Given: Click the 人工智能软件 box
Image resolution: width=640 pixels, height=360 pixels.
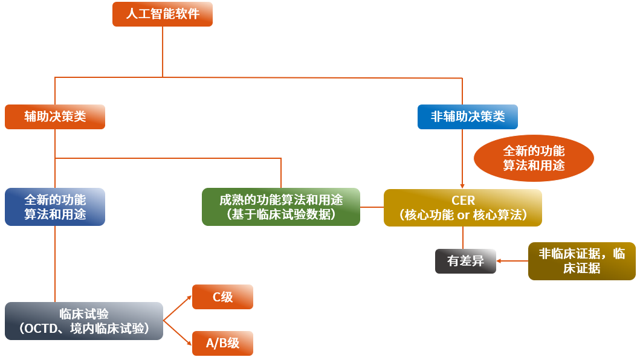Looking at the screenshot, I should pyautogui.click(x=162, y=14).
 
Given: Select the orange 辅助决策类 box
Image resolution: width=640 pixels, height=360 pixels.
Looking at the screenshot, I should pyautogui.click(x=55, y=117).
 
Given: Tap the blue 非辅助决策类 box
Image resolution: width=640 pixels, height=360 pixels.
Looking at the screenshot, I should pyautogui.click(x=468, y=117).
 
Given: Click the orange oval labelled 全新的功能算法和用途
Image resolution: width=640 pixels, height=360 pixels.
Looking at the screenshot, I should pyautogui.click(x=534, y=158).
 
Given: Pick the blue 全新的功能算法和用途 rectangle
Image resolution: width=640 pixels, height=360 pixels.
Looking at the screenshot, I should pyautogui.click(x=55, y=207).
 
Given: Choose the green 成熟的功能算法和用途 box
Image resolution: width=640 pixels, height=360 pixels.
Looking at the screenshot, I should pyautogui.click(x=281, y=207).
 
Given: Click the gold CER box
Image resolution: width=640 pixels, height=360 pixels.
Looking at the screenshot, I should pyautogui.click(x=463, y=208).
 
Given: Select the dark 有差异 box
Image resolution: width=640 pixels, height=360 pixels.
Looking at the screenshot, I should pyautogui.click(x=465, y=261).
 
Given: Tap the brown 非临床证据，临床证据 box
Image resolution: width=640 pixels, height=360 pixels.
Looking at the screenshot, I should pyautogui.click(x=581, y=261).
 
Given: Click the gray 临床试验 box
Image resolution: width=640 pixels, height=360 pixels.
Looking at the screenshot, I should pyautogui.click(x=84, y=321).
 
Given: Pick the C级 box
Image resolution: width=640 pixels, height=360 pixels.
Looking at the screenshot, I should pyautogui.click(x=222, y=297).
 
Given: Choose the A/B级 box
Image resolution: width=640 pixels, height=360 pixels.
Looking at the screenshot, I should pyautogui.click(x=222, y=343).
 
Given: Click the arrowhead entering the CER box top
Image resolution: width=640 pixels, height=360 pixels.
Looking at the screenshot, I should pyautogui.click(x=462, y=186).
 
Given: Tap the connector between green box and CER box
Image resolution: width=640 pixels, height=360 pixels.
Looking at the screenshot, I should pyautogui.click(x=372, y=207).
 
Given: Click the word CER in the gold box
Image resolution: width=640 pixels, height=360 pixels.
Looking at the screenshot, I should pyautogui.click(x=463, y=201).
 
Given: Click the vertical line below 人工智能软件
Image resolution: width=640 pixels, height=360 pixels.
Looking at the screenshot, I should pyautogui.click(x=163, y=51).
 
